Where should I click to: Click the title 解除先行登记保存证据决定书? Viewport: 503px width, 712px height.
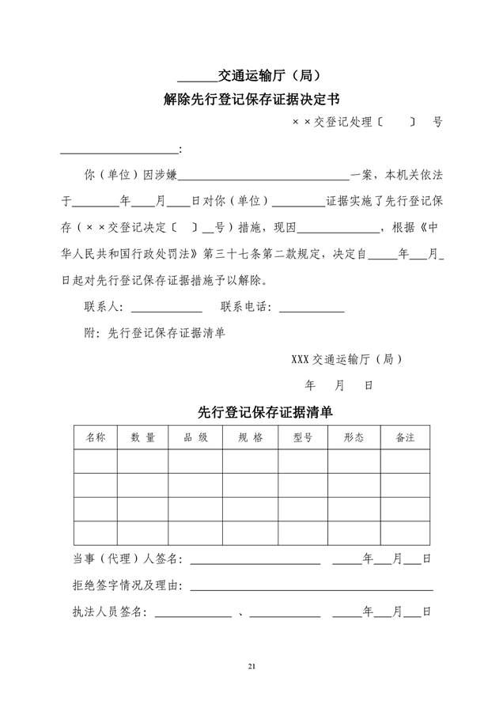(251, 100)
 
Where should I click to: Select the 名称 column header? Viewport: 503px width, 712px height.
(96, 437)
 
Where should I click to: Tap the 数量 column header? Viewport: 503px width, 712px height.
(143, 437)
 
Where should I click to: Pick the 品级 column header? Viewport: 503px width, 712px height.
(195, 437)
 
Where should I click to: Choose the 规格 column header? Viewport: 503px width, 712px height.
(250, 437)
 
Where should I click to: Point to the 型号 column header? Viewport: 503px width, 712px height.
(302, 437)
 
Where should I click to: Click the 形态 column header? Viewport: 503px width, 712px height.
(354, 437)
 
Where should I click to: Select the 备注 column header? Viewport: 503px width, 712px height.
(405, 437)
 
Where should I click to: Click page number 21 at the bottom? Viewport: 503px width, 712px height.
(251, 668)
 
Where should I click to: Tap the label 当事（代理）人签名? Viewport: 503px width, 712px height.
(127, 560)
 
